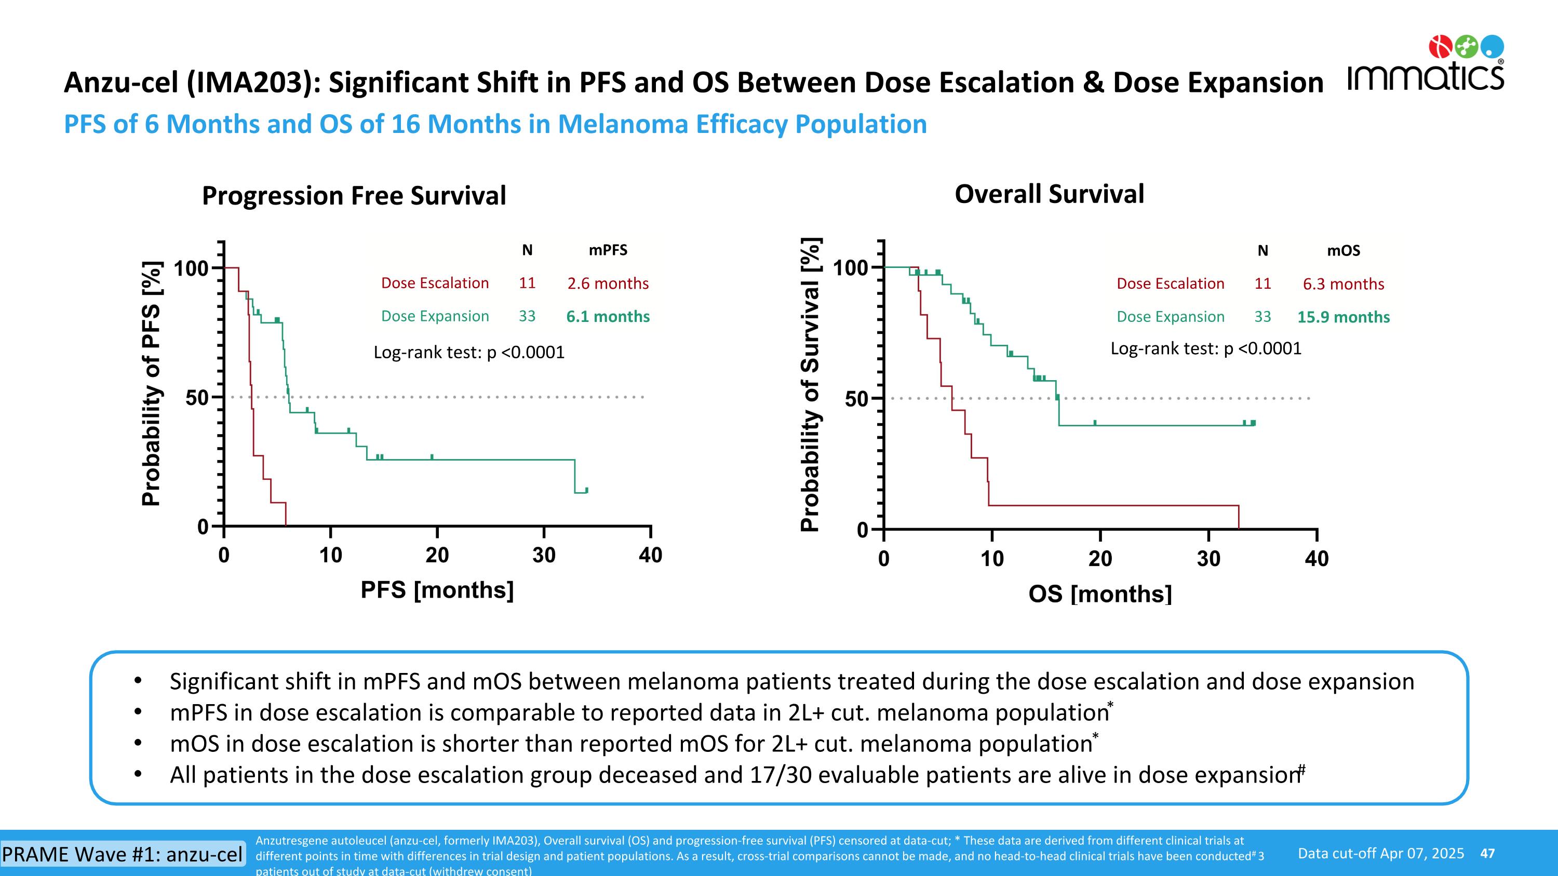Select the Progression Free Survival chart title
[354, 196]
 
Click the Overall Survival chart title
[1050, 195]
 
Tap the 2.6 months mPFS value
[608, 284]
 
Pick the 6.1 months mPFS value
[608, 317]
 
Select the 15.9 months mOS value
[1344, 317]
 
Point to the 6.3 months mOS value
[1344, 284]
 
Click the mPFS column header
[608, 250]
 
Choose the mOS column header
[1344, 251]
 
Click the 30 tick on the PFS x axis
[544, 555]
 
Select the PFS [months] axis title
[437, 590]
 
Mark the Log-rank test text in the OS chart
[1205, 349]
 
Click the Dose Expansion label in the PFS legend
[435, 317]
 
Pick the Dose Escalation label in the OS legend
[1170, 284]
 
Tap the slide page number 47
[1487, 854]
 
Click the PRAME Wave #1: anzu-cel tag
[122, 854]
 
